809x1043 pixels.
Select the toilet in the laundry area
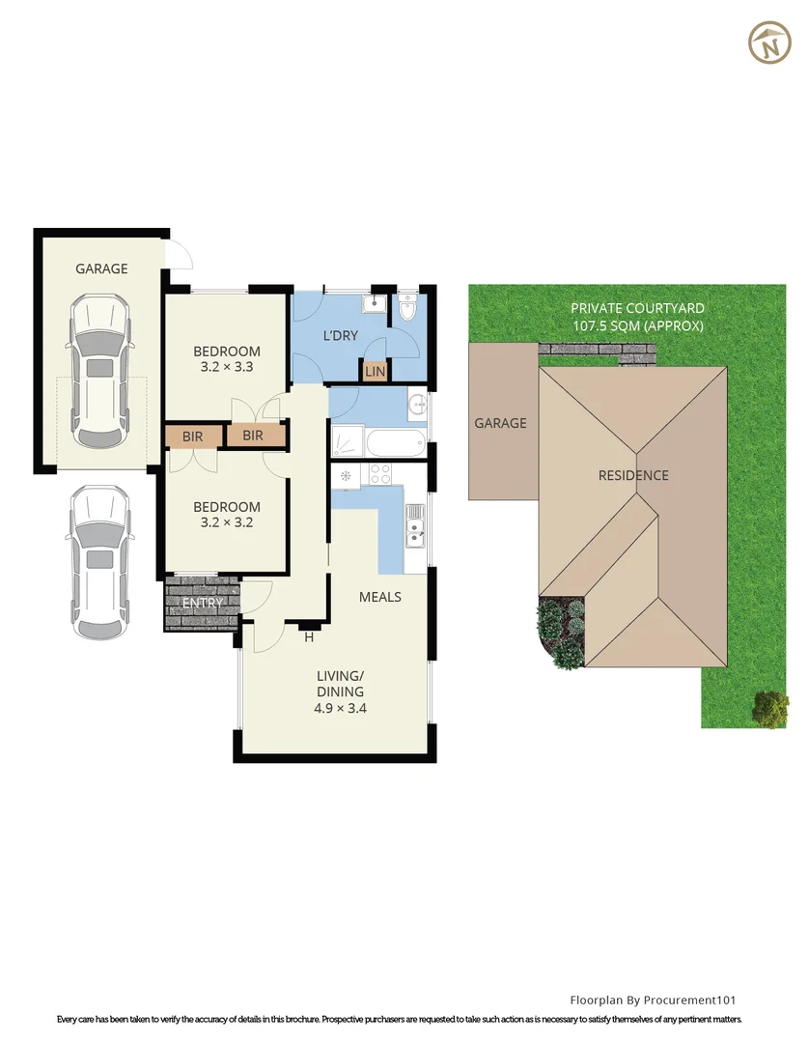point(406,307)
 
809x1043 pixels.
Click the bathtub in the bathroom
point(377,443)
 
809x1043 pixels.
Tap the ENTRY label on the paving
point(203,604)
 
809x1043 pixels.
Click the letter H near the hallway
point(310,637)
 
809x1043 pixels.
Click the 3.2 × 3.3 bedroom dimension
point(227,367)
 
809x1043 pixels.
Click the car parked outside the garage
point(98,560)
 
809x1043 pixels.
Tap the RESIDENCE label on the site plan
point(633,475)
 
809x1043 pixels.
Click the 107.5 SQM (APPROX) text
point(637,325)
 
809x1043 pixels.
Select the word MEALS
point(379,597)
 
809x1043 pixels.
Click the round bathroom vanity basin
point(416,405)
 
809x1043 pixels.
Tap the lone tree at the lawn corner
point(769,708)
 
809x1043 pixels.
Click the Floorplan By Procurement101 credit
point(654,1001)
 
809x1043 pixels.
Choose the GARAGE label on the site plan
point(500,423)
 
